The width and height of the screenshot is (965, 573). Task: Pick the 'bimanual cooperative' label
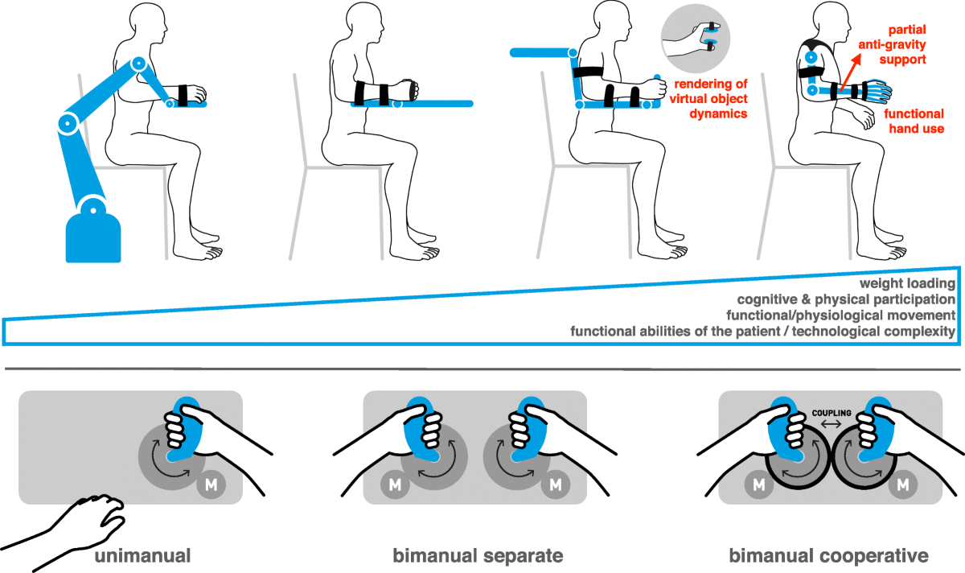(828, 555)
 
